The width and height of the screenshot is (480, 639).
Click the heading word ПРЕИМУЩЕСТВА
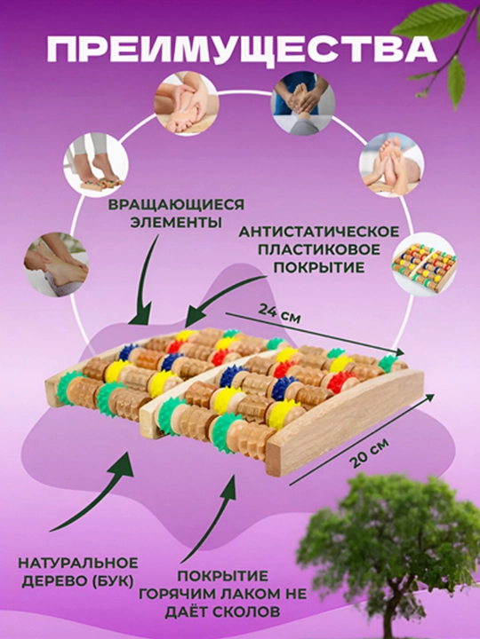(241, 50)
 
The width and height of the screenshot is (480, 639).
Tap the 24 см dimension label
(279, 314)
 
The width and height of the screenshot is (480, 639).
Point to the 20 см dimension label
(370, 453)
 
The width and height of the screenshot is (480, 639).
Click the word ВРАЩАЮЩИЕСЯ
(176, 205)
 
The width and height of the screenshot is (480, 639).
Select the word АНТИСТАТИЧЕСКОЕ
(319, 232)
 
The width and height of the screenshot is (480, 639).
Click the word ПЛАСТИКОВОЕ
(319, 249)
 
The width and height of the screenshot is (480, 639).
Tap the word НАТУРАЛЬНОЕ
(78, 564)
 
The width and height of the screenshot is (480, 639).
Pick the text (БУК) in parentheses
(115, 581)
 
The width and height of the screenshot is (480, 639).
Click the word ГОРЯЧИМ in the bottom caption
(182, 594)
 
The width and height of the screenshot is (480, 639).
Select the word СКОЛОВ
(245, 611)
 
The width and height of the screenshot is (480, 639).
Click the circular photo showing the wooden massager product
(424, 264)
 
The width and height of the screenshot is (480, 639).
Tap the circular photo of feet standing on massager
(96, 165)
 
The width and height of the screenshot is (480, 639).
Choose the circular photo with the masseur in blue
(303, 103)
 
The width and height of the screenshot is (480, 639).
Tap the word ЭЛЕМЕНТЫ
(176, 223)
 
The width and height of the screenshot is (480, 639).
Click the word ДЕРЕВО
(55, 581)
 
